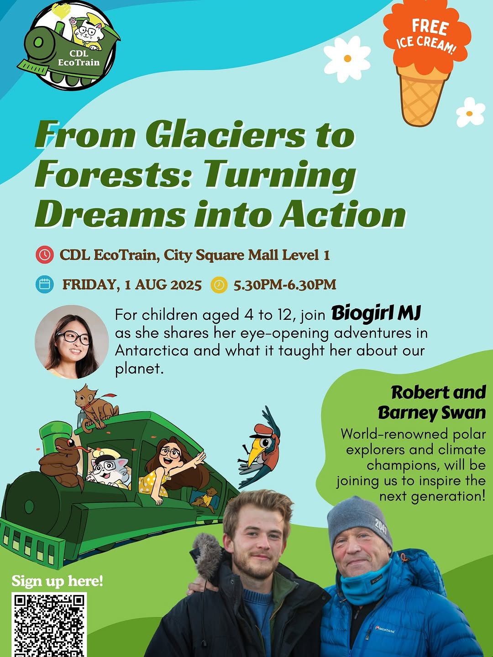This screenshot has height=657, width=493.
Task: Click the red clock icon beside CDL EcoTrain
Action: tap(45, 255)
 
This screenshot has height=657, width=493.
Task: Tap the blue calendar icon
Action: tap(45, 284)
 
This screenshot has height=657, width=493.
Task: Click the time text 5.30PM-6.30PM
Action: tap(285, 284)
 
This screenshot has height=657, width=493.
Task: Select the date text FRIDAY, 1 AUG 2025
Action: tap(132, 284)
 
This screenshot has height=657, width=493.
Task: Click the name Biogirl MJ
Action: tap(376, 314)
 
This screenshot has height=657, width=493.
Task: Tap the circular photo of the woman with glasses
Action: tap(72, 342)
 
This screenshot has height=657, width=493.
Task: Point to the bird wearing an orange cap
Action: tap(259, 448)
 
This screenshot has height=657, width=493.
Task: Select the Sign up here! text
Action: tap(57, 581)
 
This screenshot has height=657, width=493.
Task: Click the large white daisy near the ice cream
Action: tap(347, 59)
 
